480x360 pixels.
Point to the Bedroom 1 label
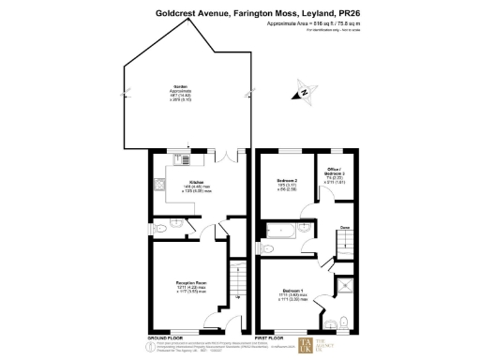pos(297,292)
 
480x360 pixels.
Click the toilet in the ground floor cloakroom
pos(160,228)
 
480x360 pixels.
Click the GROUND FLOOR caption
pos(164,337)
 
